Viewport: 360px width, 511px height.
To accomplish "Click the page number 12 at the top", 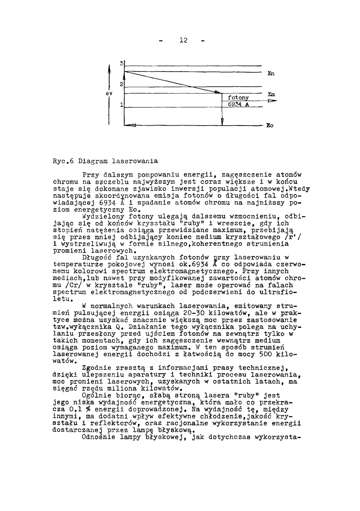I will pos(183,40).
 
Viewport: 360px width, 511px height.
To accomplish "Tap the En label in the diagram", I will pos(271,74).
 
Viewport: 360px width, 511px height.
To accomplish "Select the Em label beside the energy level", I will pos(271,94).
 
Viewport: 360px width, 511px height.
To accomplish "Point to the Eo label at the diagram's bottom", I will pos(270,126).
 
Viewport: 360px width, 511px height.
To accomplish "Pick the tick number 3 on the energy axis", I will pos(122,63).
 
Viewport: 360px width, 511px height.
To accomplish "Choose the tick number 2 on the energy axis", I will pos(122,84).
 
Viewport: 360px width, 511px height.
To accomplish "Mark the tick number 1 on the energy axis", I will pos(122,105).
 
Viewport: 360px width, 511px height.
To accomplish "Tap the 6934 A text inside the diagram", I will pos(238,104).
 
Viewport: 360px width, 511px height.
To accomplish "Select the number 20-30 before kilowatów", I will pos(195,313).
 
